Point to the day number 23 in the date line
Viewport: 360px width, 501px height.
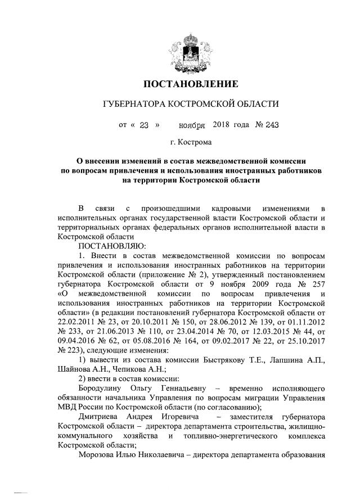143,125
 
